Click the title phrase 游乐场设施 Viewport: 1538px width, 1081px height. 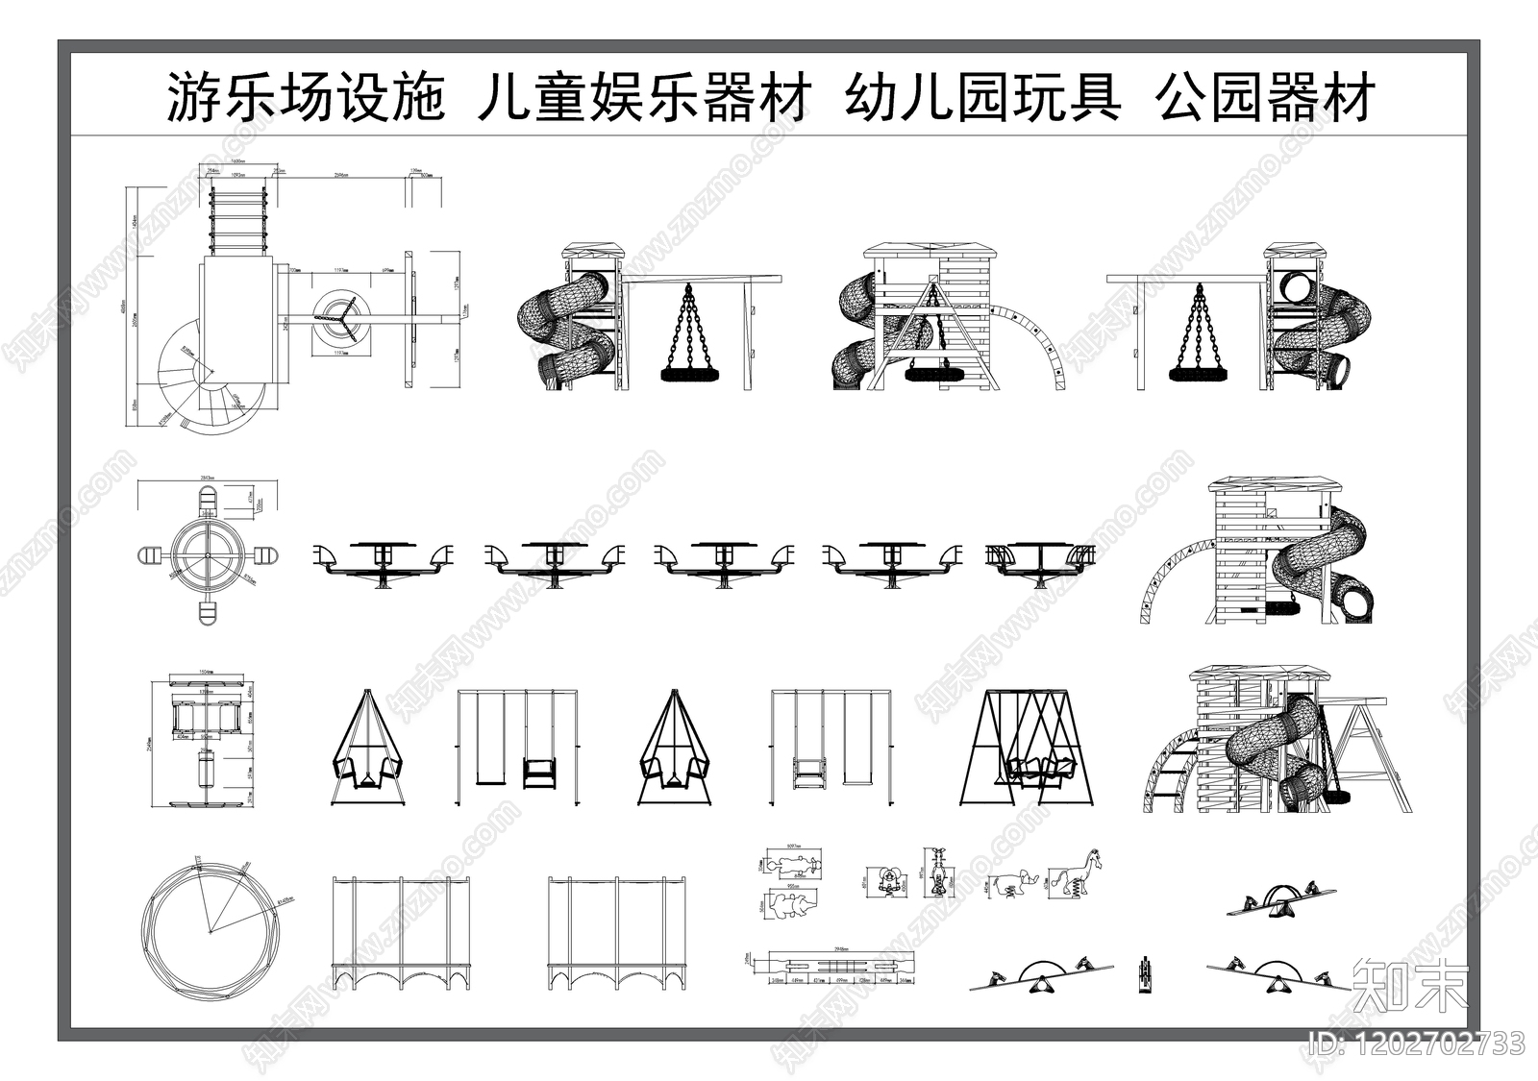point(306,99)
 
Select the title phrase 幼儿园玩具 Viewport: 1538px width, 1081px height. point(982,99)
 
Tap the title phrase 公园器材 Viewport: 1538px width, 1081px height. point(1266,99)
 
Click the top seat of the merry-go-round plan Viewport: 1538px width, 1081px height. point(207,501)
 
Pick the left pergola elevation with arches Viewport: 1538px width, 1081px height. point(402,932)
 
